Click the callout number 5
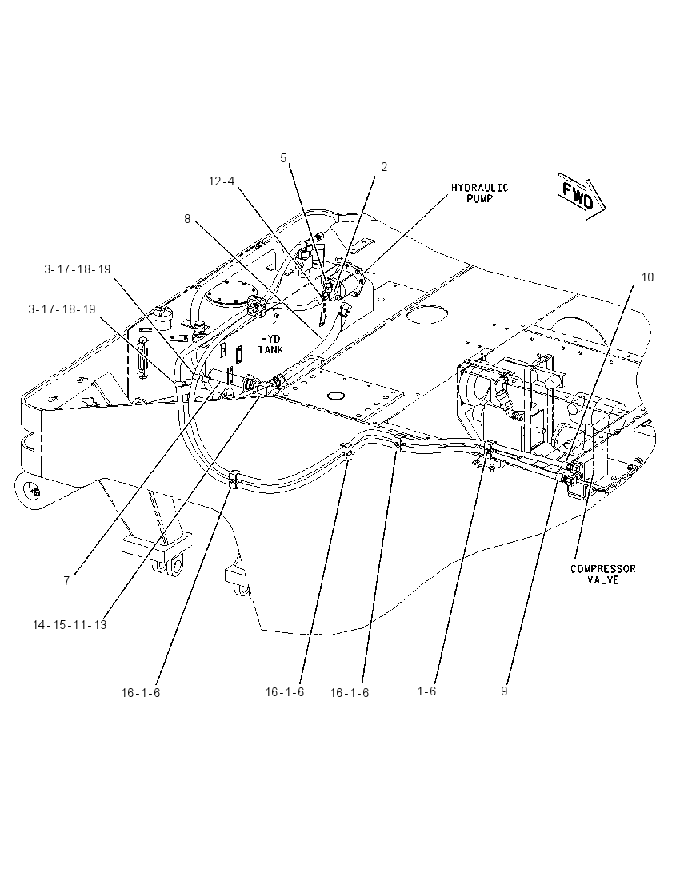[283, 158]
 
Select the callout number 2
[384, 167]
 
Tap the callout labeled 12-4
[222, 181]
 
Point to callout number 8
[187, 218]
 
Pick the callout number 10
[647, 277]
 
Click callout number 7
[66, 580]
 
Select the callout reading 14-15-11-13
[70, 624]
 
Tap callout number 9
[505, 691]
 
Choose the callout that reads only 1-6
[426, 691]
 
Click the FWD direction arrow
[581, 196]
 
